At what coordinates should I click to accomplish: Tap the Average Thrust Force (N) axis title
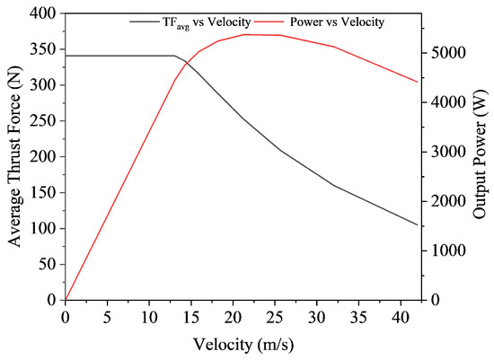(x=14, y=156)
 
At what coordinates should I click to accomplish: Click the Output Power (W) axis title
(x=479, y=156)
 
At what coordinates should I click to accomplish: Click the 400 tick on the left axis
(x=45, y=13)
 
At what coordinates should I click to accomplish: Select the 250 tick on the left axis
(x=45, y=121)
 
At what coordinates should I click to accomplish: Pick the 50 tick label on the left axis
(x=49, y=264)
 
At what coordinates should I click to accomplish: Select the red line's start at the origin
(x=66, y=299)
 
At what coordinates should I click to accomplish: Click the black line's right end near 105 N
(x=417, y=224)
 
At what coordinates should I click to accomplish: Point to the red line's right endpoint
(x=417, y=82)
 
